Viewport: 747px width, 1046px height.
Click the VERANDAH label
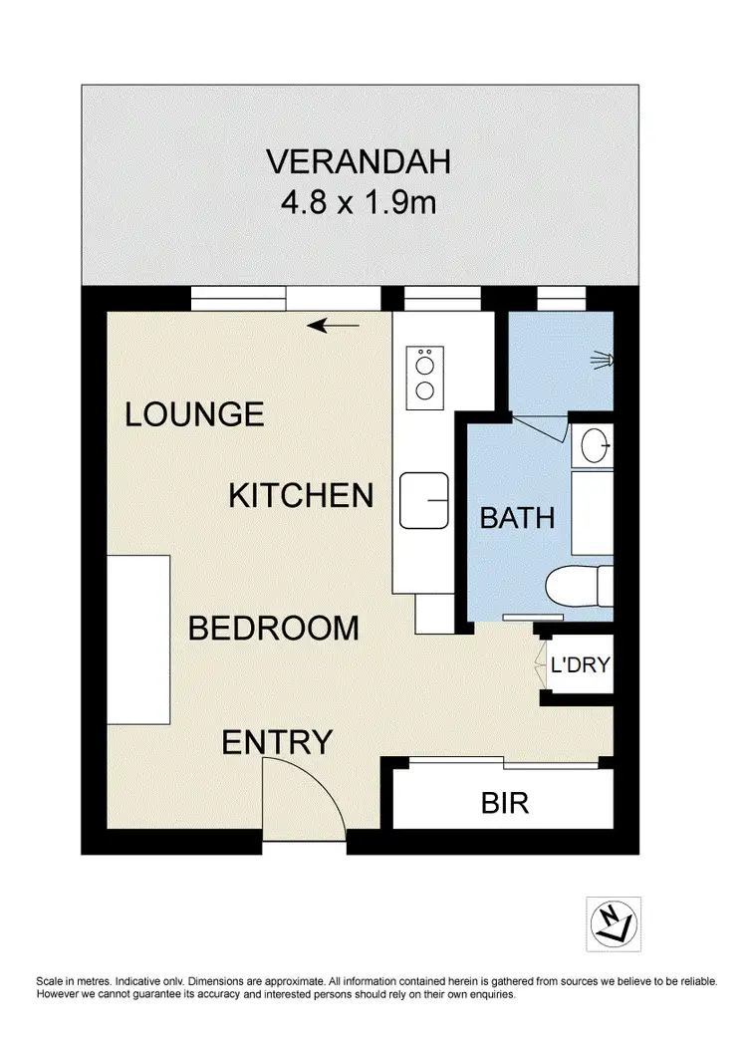(x=359, y=160)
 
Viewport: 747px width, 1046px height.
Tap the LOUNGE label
(x=194, y=413)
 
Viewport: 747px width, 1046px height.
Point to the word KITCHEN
(x=301, y=495)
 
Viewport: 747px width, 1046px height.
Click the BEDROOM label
(x=273, y=629)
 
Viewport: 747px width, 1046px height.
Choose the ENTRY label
(x=276, y=742)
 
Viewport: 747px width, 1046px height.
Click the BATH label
(x=517, y=518)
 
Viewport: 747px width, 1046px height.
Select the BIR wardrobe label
(x=504, y=803)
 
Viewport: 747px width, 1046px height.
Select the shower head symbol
(x=602, y=358)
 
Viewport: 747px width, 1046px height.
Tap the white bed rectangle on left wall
(x=138, y=640)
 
